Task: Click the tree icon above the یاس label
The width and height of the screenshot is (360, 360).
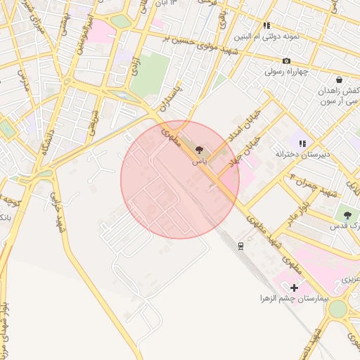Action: click(x=199, y=150)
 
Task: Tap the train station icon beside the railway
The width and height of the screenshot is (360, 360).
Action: click(x=240, y=245)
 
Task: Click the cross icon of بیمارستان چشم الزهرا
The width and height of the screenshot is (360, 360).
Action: click(x=294, y=287)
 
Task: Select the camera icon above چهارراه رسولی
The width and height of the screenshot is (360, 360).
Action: click(x=286, y=60)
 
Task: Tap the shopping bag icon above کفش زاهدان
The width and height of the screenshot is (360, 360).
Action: click(x=339, y=80)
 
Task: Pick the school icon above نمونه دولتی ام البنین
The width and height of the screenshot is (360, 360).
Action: click(x=266, y=25)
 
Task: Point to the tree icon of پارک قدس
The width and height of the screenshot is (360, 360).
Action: click(x=347, y=214)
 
